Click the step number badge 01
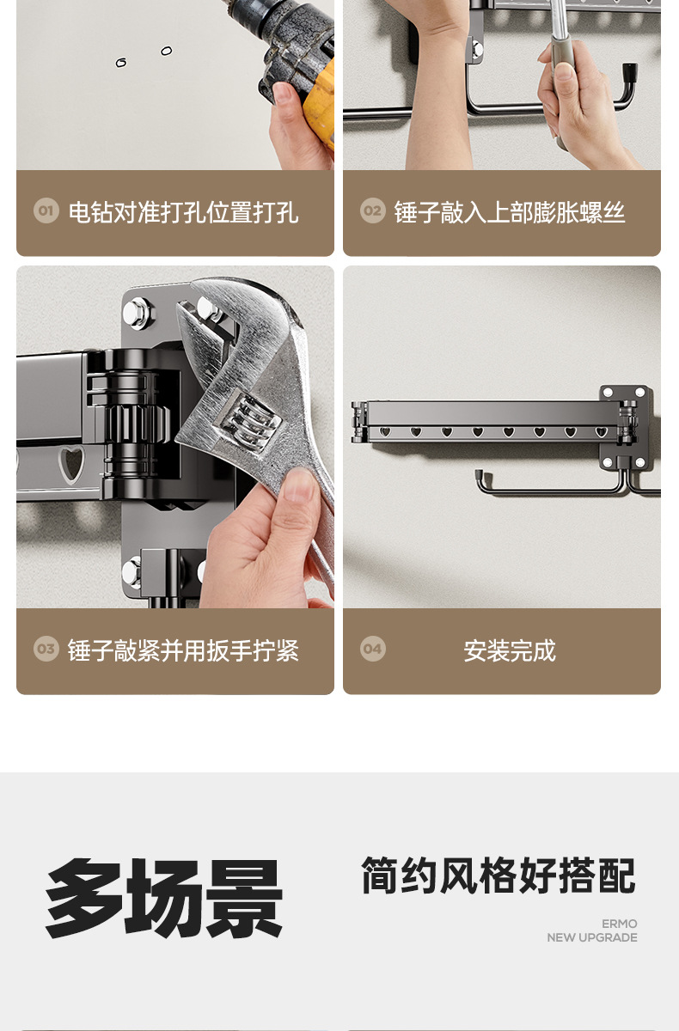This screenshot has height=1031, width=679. click(x=46, y=210)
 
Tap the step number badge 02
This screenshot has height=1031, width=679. click(x=373, y=210)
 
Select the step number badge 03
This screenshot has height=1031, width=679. click(x=46, y=649)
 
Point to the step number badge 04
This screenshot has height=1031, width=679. click(x=373, y=649)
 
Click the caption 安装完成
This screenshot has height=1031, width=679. click(x=510, y=650)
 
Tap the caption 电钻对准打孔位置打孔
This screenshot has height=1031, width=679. click(x=184, y=212)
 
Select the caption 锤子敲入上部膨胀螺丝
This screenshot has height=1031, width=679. click(x=510, y=212)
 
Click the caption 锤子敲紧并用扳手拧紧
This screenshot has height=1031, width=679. click(x=183, y=650)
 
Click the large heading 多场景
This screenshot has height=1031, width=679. click(x=164, y=899)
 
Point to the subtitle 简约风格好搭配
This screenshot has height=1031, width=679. click(x=499, y=875)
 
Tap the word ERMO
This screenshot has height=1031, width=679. click(x=620, y=924)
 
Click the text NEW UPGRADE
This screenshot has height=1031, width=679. click(x=592, y=937)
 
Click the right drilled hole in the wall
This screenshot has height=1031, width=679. click(x=167, y=51)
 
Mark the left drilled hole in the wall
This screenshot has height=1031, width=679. click(x=121, y=63)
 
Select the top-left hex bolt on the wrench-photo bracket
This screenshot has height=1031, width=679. click(x=137, y=312)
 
